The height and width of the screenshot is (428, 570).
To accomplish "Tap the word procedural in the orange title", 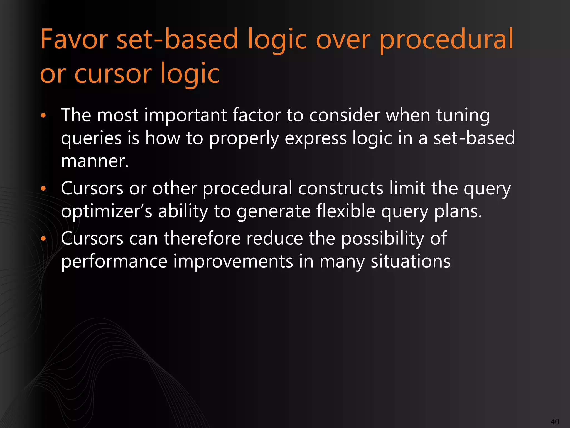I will coord(446,40).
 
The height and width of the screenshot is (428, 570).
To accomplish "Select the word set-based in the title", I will coord(177,40).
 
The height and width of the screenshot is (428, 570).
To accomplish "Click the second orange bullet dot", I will coord(43,189).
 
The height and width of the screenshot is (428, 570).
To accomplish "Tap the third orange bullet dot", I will coord(43,239).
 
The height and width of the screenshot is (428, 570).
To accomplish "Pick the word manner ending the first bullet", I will coord(95,161).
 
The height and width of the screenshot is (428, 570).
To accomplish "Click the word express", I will coord(315,138).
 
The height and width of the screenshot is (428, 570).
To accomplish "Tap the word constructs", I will coord(341,188).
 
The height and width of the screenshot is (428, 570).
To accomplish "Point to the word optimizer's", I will coord(107,211).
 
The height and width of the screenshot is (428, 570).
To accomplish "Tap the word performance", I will coord(114,261).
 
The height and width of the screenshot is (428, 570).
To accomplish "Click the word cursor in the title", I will coord(113,74).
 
